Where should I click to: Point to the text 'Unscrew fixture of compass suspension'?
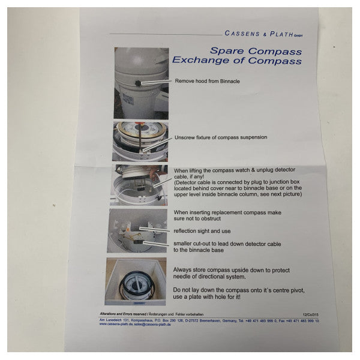coord(220,137)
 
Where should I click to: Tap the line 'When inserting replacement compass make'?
coord(226,212)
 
